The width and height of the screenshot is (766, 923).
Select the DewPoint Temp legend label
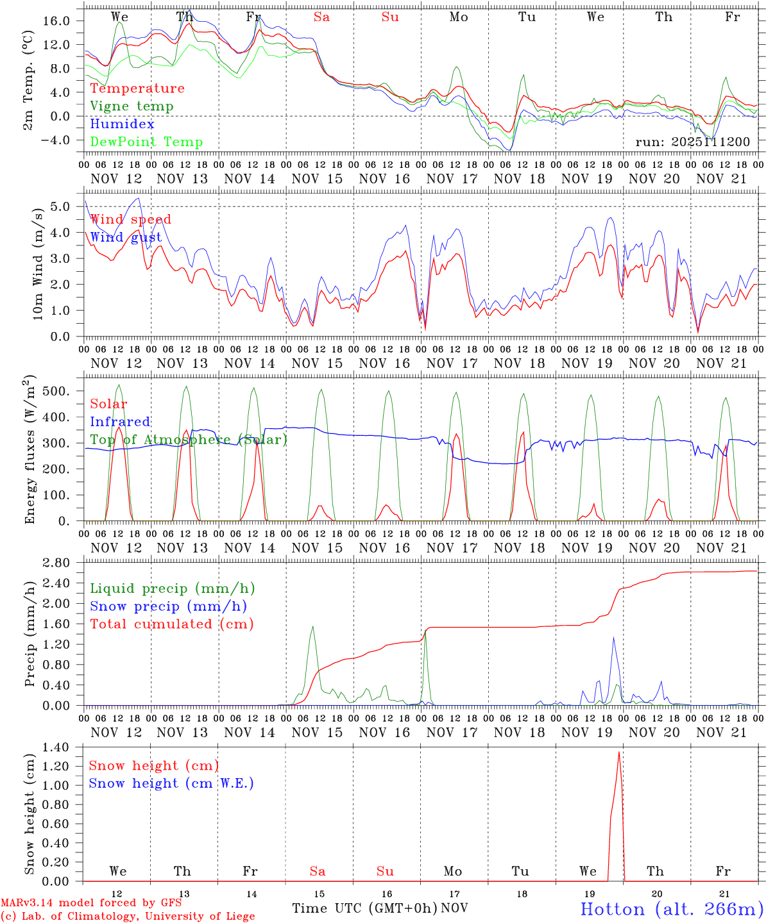[146, 142]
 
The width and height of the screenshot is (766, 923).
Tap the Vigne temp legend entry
[132, 106]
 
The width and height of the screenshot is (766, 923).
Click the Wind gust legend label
[126, 237]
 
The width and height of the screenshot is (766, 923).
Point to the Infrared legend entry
[120, 422]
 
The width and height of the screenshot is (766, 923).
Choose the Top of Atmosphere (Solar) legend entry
[189, 440]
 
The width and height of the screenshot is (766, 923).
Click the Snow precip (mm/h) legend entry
[168, 606]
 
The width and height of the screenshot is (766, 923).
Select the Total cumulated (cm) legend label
[171, 624]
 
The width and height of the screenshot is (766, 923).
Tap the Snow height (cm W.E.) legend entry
[171, 783]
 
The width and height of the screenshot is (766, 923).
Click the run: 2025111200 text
[693, 142]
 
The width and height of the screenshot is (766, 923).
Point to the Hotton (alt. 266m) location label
[672, 909]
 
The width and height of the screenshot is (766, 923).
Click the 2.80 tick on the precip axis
[63, 563]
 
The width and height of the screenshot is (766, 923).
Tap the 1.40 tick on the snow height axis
[63, 747]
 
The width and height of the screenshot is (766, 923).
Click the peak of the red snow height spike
[619, 752]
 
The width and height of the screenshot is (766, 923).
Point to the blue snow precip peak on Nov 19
[613, 637]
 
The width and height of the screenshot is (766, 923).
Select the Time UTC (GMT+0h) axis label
[365, 908]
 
